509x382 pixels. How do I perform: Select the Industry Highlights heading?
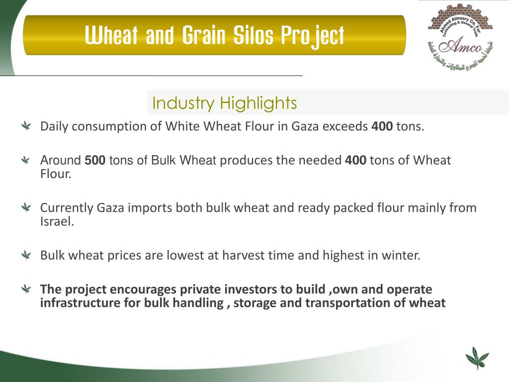pos(224,103)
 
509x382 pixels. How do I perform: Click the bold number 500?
pos(95,161)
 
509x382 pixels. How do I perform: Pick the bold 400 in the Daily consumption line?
pos(382,126)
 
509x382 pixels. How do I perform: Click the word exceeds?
pos(345,126)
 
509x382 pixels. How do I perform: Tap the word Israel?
pos(56,222)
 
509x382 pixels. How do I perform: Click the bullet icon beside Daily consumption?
pos(26,127)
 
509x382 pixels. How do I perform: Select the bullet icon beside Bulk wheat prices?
pos(26,256)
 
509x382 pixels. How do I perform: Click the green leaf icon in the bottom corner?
pos(476,359)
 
